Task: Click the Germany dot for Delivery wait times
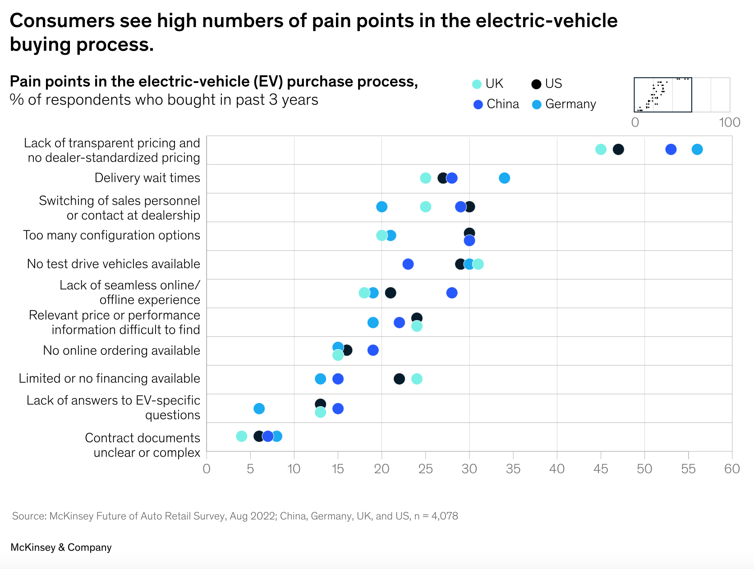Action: (504, 178)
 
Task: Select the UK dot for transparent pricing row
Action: (601, 149)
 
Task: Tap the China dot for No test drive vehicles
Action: (408, 264)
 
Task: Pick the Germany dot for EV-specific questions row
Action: (259, 408)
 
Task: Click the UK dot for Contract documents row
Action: (241, 436)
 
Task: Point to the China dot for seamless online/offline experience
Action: (451, 293)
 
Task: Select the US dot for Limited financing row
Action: (399, 379)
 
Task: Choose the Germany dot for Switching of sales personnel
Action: (382, 206)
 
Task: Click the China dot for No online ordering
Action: (373, 350)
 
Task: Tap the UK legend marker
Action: (477, 84)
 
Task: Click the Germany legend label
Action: (570, 104)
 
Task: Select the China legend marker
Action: (478, 105)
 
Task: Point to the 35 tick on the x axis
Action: (513, 469)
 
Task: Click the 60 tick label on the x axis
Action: (732, 469)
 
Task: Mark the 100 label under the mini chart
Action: (729, 122)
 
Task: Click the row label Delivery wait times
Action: (147, 178)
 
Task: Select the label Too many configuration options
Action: (111, 235)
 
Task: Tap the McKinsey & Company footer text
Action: (61, 547)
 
